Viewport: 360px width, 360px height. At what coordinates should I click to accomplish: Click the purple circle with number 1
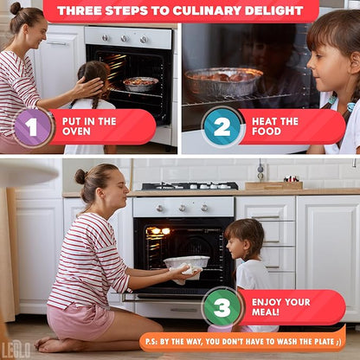[33, 127]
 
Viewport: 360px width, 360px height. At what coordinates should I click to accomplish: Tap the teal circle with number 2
[222, 126]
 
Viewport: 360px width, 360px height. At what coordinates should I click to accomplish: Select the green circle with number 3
[222, 307]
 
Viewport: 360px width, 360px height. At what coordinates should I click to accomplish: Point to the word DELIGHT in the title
[274, 11]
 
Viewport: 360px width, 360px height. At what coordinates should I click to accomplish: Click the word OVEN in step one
[76, 132]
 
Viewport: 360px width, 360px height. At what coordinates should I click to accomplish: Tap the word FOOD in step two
[267, 132]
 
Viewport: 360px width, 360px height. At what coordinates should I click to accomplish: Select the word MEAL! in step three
[266, 312]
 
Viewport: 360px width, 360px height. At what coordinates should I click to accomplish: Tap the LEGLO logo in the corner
[16, 350]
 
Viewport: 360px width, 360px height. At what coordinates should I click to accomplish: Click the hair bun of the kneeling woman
[80, 177]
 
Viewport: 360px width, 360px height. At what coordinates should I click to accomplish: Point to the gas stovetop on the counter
[190, 186]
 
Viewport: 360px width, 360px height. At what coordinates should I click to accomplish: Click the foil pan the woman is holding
[187, 261]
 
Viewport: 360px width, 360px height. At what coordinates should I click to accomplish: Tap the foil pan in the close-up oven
[223, 81]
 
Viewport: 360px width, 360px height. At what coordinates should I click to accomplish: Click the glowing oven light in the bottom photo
[160, 231]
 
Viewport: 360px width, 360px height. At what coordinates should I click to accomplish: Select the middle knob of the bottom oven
[183, 208]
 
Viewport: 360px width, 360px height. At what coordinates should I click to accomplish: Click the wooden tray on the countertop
[273, 185]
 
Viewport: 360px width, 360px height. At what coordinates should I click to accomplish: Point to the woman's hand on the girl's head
[88, 87]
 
